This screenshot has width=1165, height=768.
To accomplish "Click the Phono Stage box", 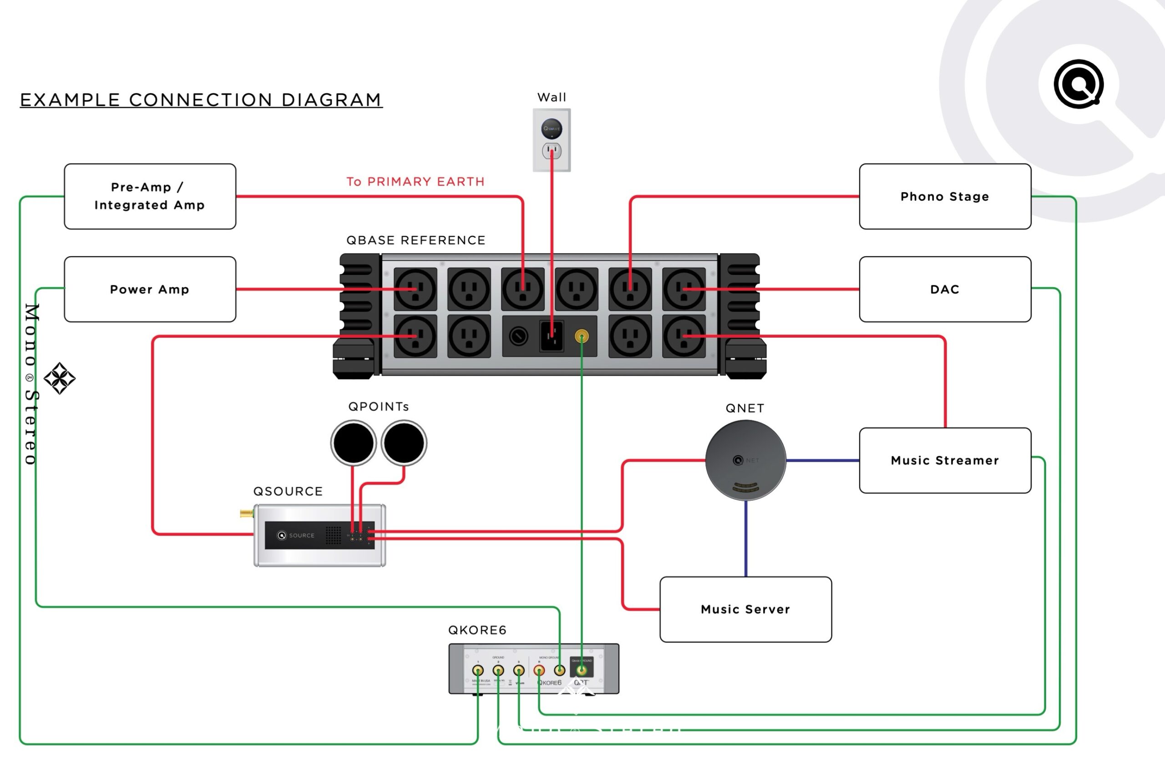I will pos(945,196).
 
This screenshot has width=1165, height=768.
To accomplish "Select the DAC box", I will pos(945,289).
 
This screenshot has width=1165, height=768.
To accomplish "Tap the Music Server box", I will pos(745,609).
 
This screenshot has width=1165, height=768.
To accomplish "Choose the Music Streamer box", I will pos(945,460).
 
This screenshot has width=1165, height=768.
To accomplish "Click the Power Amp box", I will pos(150,289).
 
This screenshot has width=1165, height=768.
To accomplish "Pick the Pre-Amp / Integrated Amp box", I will pos(150,196).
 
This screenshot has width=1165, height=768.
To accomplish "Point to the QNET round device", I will pos(745,460).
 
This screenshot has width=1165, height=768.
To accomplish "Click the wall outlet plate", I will pos(552,140).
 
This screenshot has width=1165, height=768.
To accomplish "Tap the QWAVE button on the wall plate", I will pos(552,129).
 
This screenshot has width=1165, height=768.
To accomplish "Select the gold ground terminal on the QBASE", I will pos(582,336).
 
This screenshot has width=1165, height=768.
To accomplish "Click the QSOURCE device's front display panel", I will pos(319,535).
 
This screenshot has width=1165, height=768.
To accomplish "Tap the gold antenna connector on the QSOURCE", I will pos(246,514).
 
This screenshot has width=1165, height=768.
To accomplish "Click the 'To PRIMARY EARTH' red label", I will pos(415,182).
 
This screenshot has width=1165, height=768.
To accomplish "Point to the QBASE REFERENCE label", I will pos(415,240).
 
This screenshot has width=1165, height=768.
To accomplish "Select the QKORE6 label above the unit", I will pos(477,630).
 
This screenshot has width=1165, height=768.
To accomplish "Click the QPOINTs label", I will pos(378,407).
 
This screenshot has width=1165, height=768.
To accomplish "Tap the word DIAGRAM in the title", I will pos(331,100).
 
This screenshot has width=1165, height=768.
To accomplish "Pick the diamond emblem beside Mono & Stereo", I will pos(59,378).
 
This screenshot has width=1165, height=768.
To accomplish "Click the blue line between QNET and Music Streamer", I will pos(822,460).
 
